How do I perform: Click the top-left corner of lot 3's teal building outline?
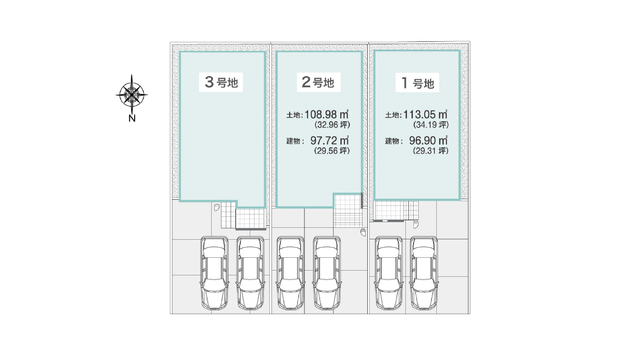tap(180, 52)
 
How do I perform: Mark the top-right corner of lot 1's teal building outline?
tap(460, 51)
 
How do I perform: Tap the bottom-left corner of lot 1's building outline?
tap(375, 199)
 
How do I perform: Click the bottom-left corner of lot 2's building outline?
tap(276, 207)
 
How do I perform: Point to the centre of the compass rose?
tap(131, 95)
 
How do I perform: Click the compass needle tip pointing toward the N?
tap(131, 113)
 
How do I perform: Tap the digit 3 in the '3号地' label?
tap(209, 82)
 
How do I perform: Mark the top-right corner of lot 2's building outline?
tap(362, 52)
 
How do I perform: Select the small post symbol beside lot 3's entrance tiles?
tap(217, 207)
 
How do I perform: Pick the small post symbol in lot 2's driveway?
tap(363, 233)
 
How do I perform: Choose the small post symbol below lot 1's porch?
tap(416, 224)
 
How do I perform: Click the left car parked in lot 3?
tap(215, 273)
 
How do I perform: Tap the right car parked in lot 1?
tap(424, 273)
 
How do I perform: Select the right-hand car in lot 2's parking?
tap(327, 273)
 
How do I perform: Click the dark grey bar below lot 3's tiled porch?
tap(251, 229)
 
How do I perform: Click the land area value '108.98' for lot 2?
tap(321, 115)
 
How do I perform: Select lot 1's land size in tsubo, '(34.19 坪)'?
tap(431, 125)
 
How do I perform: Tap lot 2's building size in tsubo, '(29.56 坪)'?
tap(332, 151)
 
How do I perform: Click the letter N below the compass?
tap(132, 118)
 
